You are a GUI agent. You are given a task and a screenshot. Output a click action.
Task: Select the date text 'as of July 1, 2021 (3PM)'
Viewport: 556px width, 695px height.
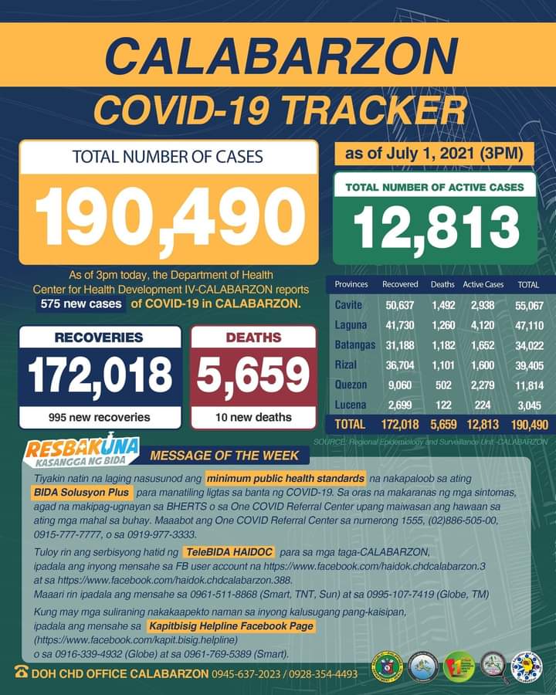pyautogui.click(x=435, y=154)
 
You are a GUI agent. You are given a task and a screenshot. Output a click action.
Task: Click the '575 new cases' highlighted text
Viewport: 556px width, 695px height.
pyautogui.click(x=83, y=303)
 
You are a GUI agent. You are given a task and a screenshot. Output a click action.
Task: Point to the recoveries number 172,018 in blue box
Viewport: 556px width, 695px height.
pyautogui.click(x=100, y=375)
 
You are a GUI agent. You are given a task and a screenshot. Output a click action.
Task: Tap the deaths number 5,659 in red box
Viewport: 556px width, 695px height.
pyautogui.click(x=253, y=375)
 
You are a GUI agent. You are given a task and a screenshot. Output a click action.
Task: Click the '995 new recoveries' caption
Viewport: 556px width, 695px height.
pyautogui.click(x=100, y=417)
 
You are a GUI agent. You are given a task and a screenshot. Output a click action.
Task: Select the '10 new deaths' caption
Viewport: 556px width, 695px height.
pyautogui.click(x=253, y=417)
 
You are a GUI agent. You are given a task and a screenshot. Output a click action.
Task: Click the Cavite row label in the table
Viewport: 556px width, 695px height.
pyautogui.click(x=348, y=306)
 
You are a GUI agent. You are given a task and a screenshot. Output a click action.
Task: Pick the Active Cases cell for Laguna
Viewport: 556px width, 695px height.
pyautogui.click(x=483, y=325)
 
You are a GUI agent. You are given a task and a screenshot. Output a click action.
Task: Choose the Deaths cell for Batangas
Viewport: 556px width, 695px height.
pyautogui.click(x=443, y=345)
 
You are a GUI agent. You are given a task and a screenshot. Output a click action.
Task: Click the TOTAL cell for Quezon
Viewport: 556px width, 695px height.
pyautogui.click(x=529, y=385)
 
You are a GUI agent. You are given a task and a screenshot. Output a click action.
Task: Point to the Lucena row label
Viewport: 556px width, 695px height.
pyautogui.click(x=350, y=405)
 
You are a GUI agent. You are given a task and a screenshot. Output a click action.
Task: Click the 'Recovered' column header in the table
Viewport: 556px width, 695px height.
pyautogui.click(x=400, y=285)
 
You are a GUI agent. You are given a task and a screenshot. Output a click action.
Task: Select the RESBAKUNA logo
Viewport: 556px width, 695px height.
pyautogui.click(x=81, y=451)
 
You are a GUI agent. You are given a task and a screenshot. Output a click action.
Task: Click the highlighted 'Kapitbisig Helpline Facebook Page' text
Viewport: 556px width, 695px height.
pyautogui.click(x=232, y=626)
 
